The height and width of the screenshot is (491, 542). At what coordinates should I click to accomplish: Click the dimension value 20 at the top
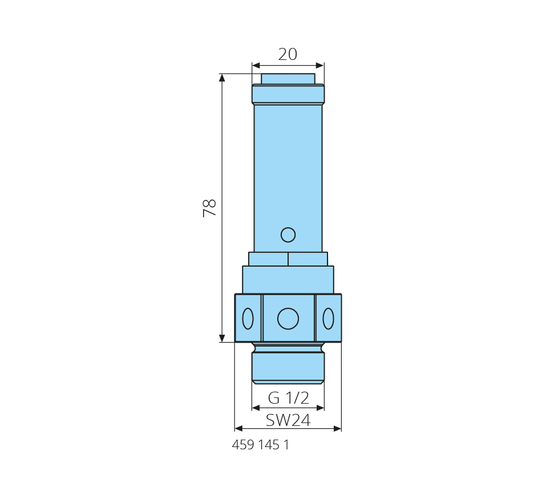click(288, 54)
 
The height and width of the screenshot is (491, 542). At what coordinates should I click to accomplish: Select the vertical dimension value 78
click(209, 208)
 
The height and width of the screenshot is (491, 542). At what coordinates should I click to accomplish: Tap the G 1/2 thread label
click(288, 398)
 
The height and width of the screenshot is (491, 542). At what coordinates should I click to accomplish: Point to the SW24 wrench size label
click(288, 420)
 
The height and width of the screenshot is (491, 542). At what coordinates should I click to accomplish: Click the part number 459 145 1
click(260, 445)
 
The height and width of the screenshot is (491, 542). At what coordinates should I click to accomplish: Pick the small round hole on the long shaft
click(288, 235)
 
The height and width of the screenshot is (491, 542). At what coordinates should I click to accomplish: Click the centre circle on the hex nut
click(288, 319)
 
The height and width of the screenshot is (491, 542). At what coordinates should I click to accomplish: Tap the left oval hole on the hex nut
click(248, 319)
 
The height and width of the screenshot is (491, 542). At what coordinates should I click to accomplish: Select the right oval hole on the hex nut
click(328, 319)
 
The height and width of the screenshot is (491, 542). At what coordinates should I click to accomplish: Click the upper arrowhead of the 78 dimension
click(223, 78)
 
